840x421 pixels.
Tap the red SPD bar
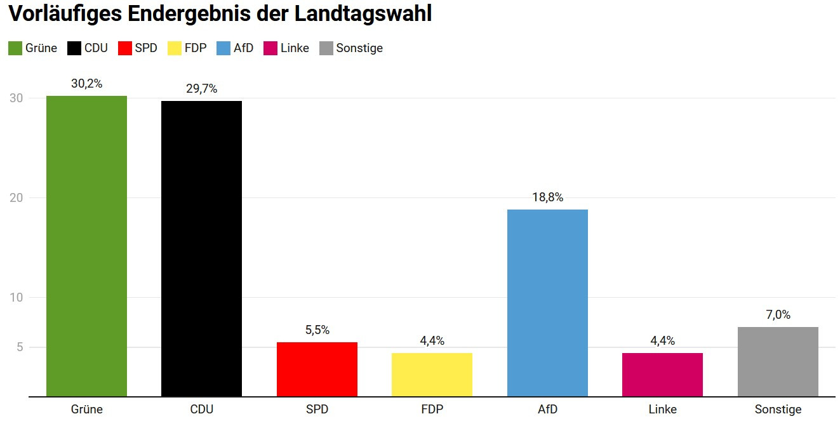[x=317, y=370]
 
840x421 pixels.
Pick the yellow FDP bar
[x=432, y=375]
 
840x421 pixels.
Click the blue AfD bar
[x=547, y=303]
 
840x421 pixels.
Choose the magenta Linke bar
[x=662, y=375]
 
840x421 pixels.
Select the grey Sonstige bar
[x=778, y=362]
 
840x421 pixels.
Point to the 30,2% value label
[x=86, y=84]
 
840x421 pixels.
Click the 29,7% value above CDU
[x=201, y=89]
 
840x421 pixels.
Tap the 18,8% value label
[x=547, y=197]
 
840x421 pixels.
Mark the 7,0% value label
[x=778, y=315]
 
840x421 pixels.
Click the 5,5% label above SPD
[x=317, y=330]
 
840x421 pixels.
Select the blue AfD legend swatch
[x=223, y=48]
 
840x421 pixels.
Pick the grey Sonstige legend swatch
[x=326, y=48]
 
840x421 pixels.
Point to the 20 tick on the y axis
[x=17, y=198]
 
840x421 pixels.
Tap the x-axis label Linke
[x=662, y=410]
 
